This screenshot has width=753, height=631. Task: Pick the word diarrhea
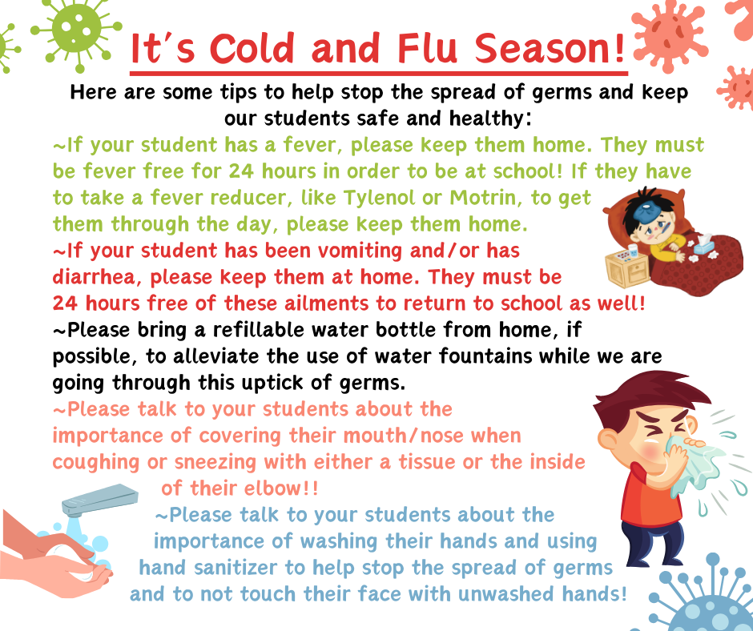[x=98, y=277]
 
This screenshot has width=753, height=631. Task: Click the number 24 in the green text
[x=241, y=171]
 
